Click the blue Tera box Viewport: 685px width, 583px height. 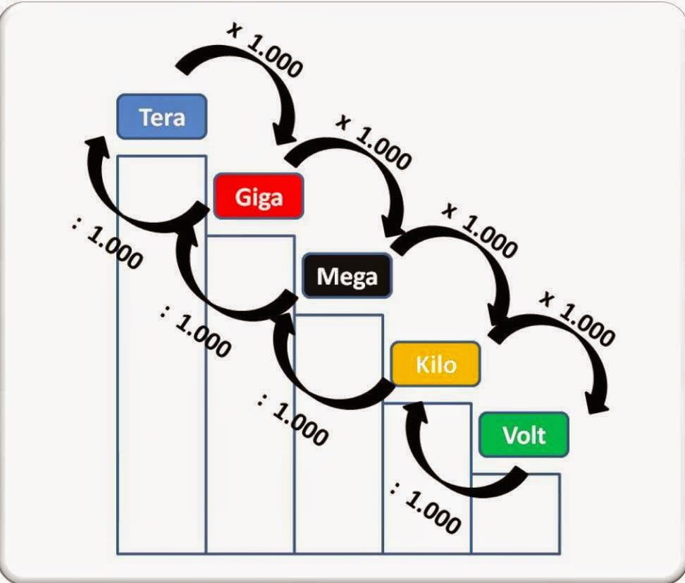(x=161, y=116)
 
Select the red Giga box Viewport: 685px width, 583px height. (x=259, y=195)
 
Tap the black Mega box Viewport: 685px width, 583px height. (x=347, y=275)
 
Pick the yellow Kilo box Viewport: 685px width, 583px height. (x=436, y=364)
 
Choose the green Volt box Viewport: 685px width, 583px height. (x=524, y=434)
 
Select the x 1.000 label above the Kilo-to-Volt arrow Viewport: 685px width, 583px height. (x=576, y=317)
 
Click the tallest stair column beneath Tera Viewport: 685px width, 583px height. (x=161, y=352)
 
